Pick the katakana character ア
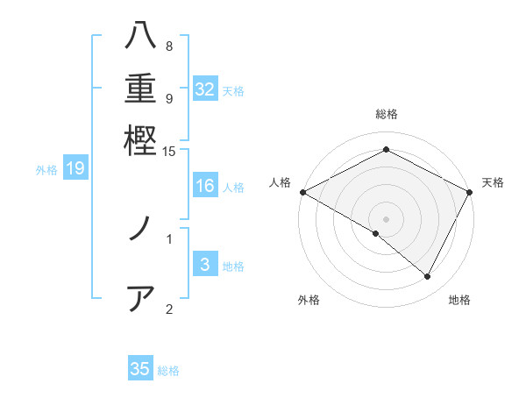pyautogui.click(x=140, y=298)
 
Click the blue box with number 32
pyautogui.click(x=205, y=89)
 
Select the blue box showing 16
pyautogui.click(x=205, y=186)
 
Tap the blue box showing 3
pyautogui.click(x=205, y=266)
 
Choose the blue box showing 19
pyautogui.click(x=75, y=168)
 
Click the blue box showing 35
pyautogui.click(x=140, y=369)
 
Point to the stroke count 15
pyautogui.click(x=169, y=152)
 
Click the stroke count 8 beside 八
pyautogui.click(x=169, y=46)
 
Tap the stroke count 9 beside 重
pyautogui.click(x=169, y=98)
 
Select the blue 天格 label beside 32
pyautogui.click(x=234, y=90)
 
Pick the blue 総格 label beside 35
pyautogui.click(x=169, y=371)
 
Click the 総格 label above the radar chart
pyautogui.click(x=387, y=114)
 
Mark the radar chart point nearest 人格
pyautogui.click(x=302, y=192)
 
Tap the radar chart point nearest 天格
pyautogui.click(x=471, y=192)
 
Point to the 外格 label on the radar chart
pyautogui.click(x=309, y=301)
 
